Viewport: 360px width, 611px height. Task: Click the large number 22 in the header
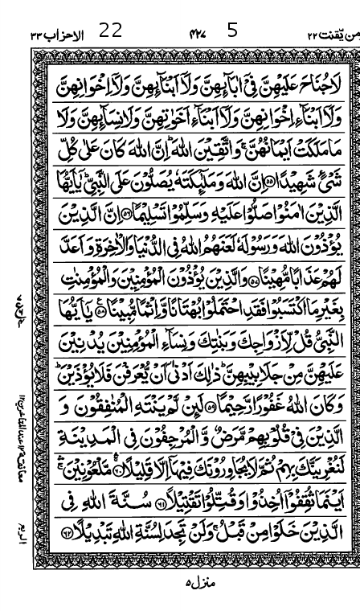pyautogui.click(x=110, y=31)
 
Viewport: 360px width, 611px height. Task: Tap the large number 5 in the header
pyautogui.click(x=232, y=31)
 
